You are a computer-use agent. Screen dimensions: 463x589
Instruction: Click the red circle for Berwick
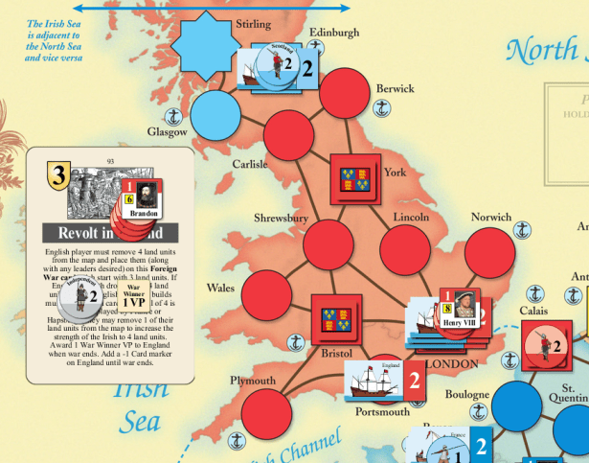(345, 94)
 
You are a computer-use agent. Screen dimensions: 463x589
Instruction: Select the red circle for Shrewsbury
(328, 244)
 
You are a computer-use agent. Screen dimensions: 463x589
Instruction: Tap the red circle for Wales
(265, 294)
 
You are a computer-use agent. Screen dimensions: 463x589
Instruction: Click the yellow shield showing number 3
(58, 175)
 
